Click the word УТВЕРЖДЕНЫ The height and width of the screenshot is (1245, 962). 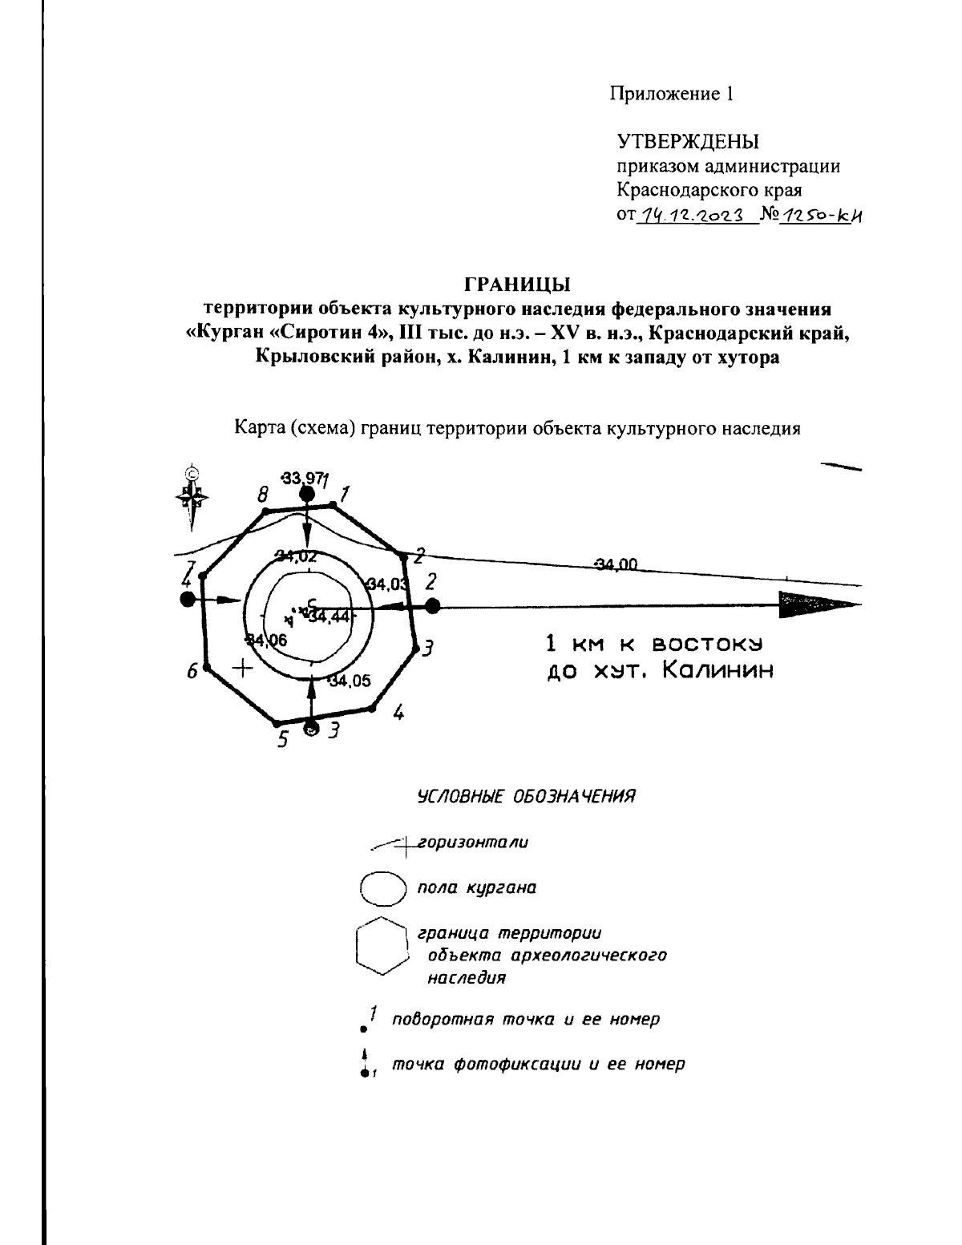pyautogui.click(x=687, y=143)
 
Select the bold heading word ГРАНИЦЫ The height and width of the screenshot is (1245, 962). pyautogui.click(x=517, y=285)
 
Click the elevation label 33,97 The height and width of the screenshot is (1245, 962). pyautogui.click(x=301, y=479)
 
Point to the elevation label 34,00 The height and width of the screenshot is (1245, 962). pyautogui.click(x=616, y=564)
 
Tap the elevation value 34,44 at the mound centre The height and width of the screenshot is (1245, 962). pyautogui.click(x=329, y=616)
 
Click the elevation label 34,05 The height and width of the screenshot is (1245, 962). pyautogui.click(x=350, y=681)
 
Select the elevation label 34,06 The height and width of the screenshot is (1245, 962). pyautogui.click(x=267, y=640)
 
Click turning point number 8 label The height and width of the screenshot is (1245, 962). pyautogui.click(x=261, y=496)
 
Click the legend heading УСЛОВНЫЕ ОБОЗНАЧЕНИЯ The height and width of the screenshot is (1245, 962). pyautogui.click(x=526, y=797)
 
